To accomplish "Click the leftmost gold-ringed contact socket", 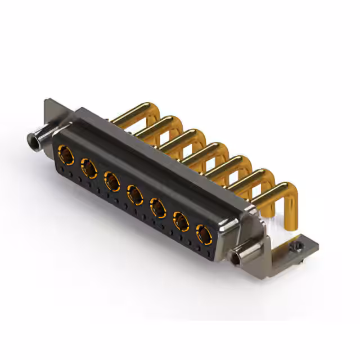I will [66, 153].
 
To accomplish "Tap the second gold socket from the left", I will [89, 168].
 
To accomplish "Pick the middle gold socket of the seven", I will [135, 195].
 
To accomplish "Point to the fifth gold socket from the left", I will [158, 209].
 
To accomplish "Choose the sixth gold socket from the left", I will [181, 222].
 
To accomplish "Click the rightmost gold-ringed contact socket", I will [204, 234].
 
